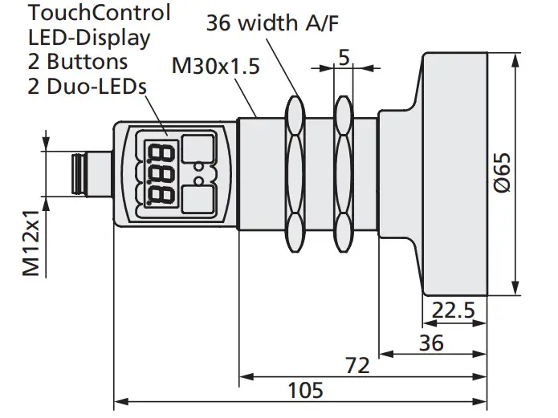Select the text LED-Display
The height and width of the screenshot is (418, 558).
[89, 37]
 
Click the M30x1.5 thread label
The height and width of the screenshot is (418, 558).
[216, 67]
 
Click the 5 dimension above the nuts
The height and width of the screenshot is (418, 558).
[344, 58]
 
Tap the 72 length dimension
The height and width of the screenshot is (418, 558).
[359, 365]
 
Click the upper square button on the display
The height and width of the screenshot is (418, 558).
[196, 148]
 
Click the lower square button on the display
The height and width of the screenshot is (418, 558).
[196, 197]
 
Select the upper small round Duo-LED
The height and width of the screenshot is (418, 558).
[196, 167]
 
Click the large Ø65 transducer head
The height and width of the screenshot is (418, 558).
[454, 172]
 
